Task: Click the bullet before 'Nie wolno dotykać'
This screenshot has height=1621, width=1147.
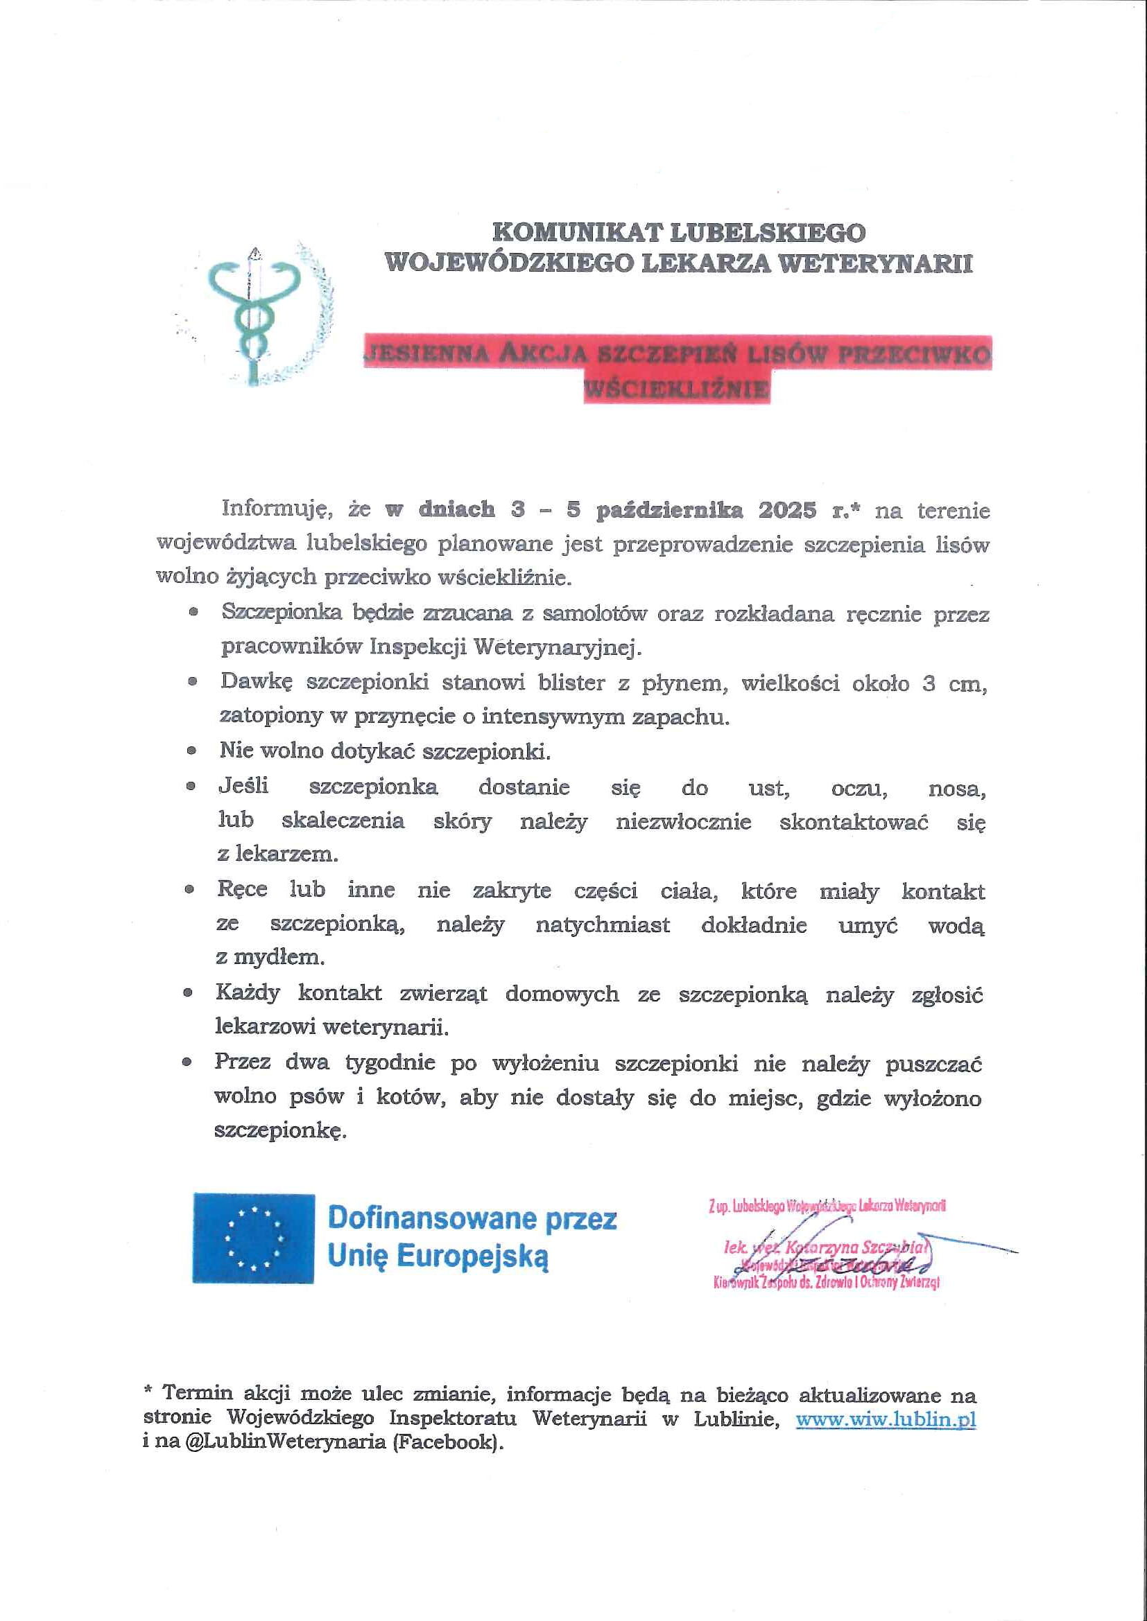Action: click(x=191, y=752)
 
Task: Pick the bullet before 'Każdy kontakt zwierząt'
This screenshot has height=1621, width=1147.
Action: click(x=187, y=992)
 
